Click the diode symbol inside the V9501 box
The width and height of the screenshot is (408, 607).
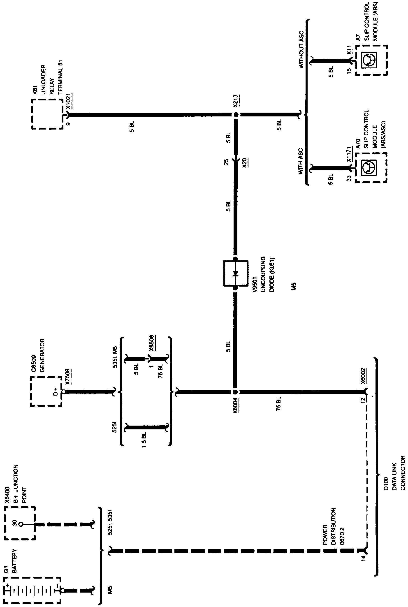[x=236, y=274]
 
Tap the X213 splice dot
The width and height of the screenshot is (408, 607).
[x=236, y=114]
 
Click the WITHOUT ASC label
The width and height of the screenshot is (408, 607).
[x=301, y=49]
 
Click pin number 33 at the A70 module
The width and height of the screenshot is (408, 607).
[x=349, y=178]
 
